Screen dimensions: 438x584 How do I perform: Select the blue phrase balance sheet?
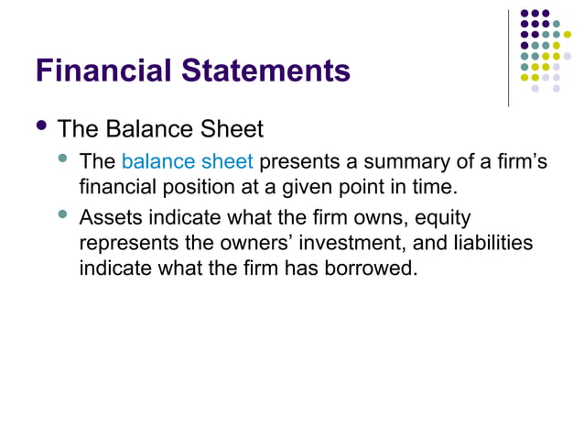(x=187, y=163)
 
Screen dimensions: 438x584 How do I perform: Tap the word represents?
(x=125, y=246)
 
